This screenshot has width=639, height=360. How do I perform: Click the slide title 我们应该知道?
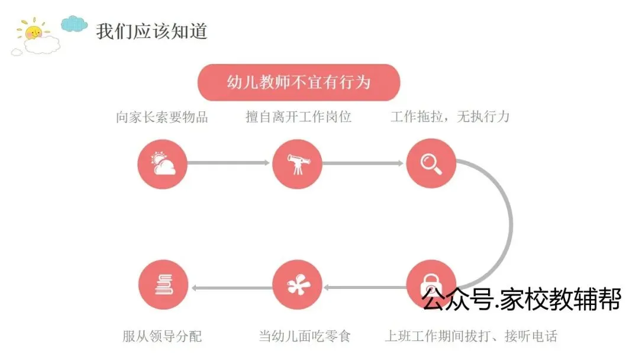click(x=152, y=31)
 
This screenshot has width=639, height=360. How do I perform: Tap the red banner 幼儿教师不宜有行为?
click(x=299, y=82)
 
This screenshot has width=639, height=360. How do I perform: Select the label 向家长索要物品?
click(x=162, y=117)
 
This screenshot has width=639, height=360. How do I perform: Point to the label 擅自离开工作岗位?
click(x=299, y=117)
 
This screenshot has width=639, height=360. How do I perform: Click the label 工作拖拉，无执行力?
click(x=450, y=117)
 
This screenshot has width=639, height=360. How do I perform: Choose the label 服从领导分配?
click(x=162, y=337)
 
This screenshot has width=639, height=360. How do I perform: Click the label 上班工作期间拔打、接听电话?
click(x=471, y=337)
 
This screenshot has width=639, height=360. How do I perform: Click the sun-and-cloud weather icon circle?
click(x=162, y=163)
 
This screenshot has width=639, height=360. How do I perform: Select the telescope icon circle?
click(x=297, y=164)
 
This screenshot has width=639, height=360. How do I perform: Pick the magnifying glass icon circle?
click(x=431, y=163)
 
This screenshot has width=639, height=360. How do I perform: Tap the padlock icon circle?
click(x=431, y=285)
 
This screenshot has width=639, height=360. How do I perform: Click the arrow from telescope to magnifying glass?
click(x=363, y=163)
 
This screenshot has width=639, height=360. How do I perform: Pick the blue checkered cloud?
click(x=75, y=23)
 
